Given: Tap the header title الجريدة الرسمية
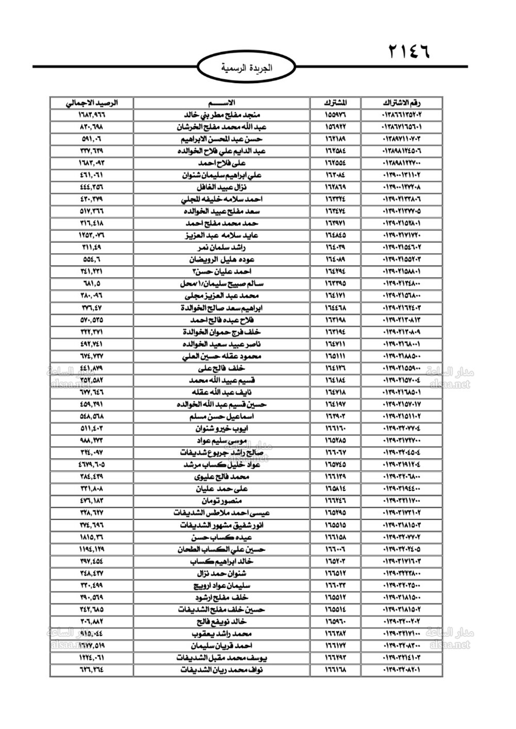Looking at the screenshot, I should click(x=246, y=68).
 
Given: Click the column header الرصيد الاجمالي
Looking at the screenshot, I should click(x=91, y=102).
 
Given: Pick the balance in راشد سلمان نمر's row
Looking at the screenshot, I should click(x=91, y=247).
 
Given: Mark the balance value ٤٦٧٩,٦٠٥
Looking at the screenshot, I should click(x=91, y=465).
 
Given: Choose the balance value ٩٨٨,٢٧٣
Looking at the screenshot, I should click(x=91, y=441).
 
